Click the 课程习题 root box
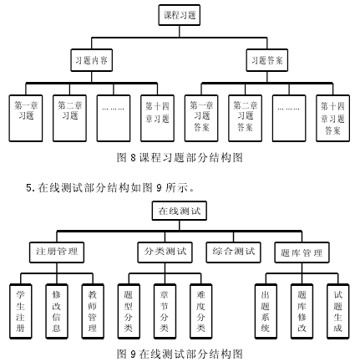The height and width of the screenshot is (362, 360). click(x=180, y=15)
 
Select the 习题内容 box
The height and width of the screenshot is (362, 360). click(x=92, y=60)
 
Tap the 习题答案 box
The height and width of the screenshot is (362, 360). click(x=267, y=60)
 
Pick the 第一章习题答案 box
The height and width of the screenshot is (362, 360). click(x=201, y=118)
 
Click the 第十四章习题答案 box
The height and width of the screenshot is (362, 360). click(x=332, y=118)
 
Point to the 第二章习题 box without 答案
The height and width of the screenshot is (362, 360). click(x=69, y=118)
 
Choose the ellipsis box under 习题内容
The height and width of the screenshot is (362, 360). click(x=114, y=118)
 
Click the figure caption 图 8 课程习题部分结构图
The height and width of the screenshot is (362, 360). click(x=180, y=158)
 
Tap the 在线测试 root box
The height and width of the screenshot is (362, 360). click(x=180, y=211)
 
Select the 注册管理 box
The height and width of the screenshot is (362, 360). click(x=57, y=252)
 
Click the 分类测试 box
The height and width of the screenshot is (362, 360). click(x=165, y=252)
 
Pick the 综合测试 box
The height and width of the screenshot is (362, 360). click(x=233, y=252)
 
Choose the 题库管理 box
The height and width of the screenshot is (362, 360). click(x=302, y=252)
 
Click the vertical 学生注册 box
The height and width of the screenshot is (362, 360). click(x=21, y=311)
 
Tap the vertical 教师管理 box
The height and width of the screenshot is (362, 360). click(x=93, y=311)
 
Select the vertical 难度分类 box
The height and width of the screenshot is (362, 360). click(x=201, y=311)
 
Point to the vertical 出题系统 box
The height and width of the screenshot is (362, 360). click(x=266, y=311)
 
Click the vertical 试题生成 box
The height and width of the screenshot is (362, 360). click(x=338, y=311)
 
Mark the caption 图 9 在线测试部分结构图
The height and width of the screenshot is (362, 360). click(x=180, y=354)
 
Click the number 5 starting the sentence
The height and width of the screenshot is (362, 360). click(x=28, y=188)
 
